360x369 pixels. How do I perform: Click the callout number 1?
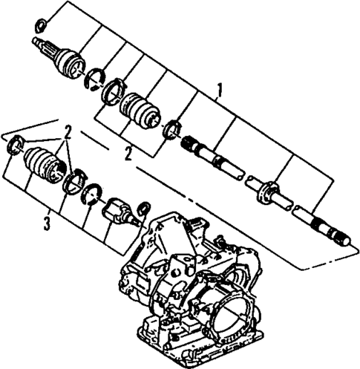(x=219, y=91)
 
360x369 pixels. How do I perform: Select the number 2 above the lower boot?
(x=67, y=134)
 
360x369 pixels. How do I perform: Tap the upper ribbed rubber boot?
(x=140, y=110)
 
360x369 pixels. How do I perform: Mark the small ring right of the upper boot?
(x=171, y=127)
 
